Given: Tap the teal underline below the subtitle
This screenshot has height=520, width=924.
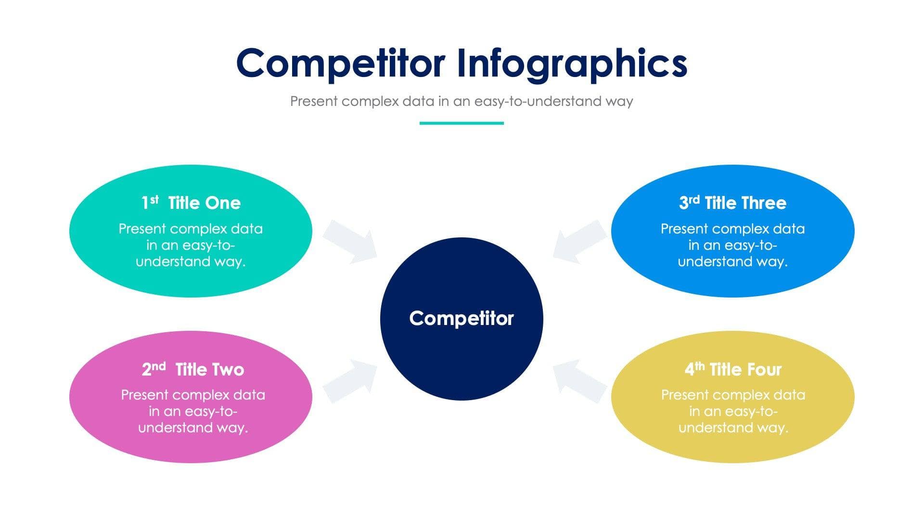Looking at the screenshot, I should pos(462,123).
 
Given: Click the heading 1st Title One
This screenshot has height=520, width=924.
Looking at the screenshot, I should pos(191,203).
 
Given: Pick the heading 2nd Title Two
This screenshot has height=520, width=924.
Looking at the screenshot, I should pos(193,369).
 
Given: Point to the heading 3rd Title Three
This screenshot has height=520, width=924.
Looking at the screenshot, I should pos(732,203).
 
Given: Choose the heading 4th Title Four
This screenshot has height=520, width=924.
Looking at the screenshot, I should pos(733,369).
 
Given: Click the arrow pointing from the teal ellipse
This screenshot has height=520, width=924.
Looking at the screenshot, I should pos(350,241).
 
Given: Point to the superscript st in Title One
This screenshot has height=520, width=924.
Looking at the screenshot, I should pos(154,199).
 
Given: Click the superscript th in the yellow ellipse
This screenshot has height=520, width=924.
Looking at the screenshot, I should pos(700,366).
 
